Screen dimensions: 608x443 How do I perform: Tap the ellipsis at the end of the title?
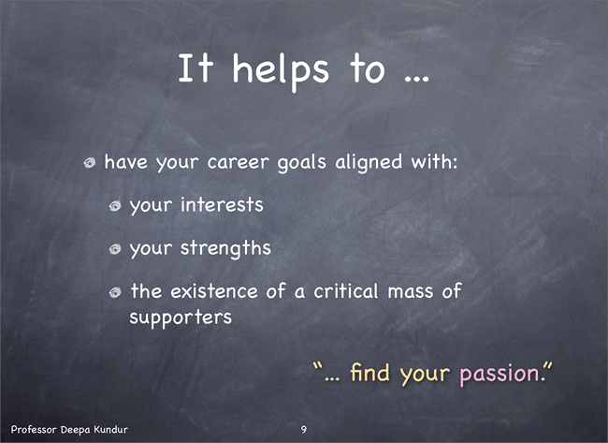coord(417,79)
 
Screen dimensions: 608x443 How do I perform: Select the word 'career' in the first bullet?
coord(239,162)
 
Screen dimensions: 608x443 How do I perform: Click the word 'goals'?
coord(302,162)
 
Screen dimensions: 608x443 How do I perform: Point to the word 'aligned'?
coord(369,162)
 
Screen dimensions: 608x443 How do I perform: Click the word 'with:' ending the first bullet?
coord(434,161)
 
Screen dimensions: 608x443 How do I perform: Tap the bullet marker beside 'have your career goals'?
coord(90,163)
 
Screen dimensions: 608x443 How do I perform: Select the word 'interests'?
coord(222,204)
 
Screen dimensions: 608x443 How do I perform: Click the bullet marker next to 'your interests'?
coord(115,206)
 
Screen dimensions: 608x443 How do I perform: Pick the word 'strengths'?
coord(225,248)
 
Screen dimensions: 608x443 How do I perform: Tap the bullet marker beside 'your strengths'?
coord(115,249)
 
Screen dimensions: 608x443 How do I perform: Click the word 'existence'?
coord(214,291)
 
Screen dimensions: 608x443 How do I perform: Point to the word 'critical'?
coord(346,290)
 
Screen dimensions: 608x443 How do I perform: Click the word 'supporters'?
coord(181,318)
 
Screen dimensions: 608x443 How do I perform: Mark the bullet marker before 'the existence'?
coord(115,292)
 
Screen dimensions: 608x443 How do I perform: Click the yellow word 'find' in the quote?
coord(369,372)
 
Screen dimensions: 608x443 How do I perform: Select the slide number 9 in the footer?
coord(304,429)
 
